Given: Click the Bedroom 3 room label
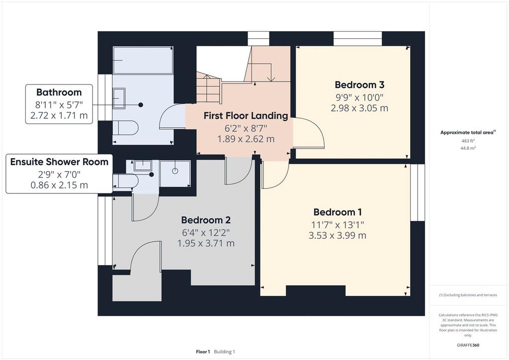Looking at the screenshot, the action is tap(359, 85).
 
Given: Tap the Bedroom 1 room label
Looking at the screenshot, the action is tap(338, 212).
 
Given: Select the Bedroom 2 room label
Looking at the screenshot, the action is tap(206, 220).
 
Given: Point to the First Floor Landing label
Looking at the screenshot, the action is tap(246, 115).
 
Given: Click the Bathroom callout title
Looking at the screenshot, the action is tap(59, 92).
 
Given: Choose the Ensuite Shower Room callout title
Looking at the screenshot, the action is tap(59, 162).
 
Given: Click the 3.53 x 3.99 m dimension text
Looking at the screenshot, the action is tap(338, 235).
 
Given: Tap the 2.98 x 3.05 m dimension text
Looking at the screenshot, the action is tap(359, 108).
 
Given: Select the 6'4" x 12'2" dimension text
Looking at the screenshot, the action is tap(206, 232).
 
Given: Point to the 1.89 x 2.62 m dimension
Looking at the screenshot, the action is tap(246, 139).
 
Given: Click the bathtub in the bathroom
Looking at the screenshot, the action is tap(143, 60).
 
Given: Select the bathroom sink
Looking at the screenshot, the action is tap(119, 98).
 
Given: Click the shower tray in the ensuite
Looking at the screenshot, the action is tap(175, 174).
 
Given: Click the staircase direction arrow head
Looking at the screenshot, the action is tap(270, 79).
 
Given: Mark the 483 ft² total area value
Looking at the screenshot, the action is tap(468, 141).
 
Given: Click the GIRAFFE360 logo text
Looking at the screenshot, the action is tap(468, 345).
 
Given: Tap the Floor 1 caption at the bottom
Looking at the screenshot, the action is tap(203, 352).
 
